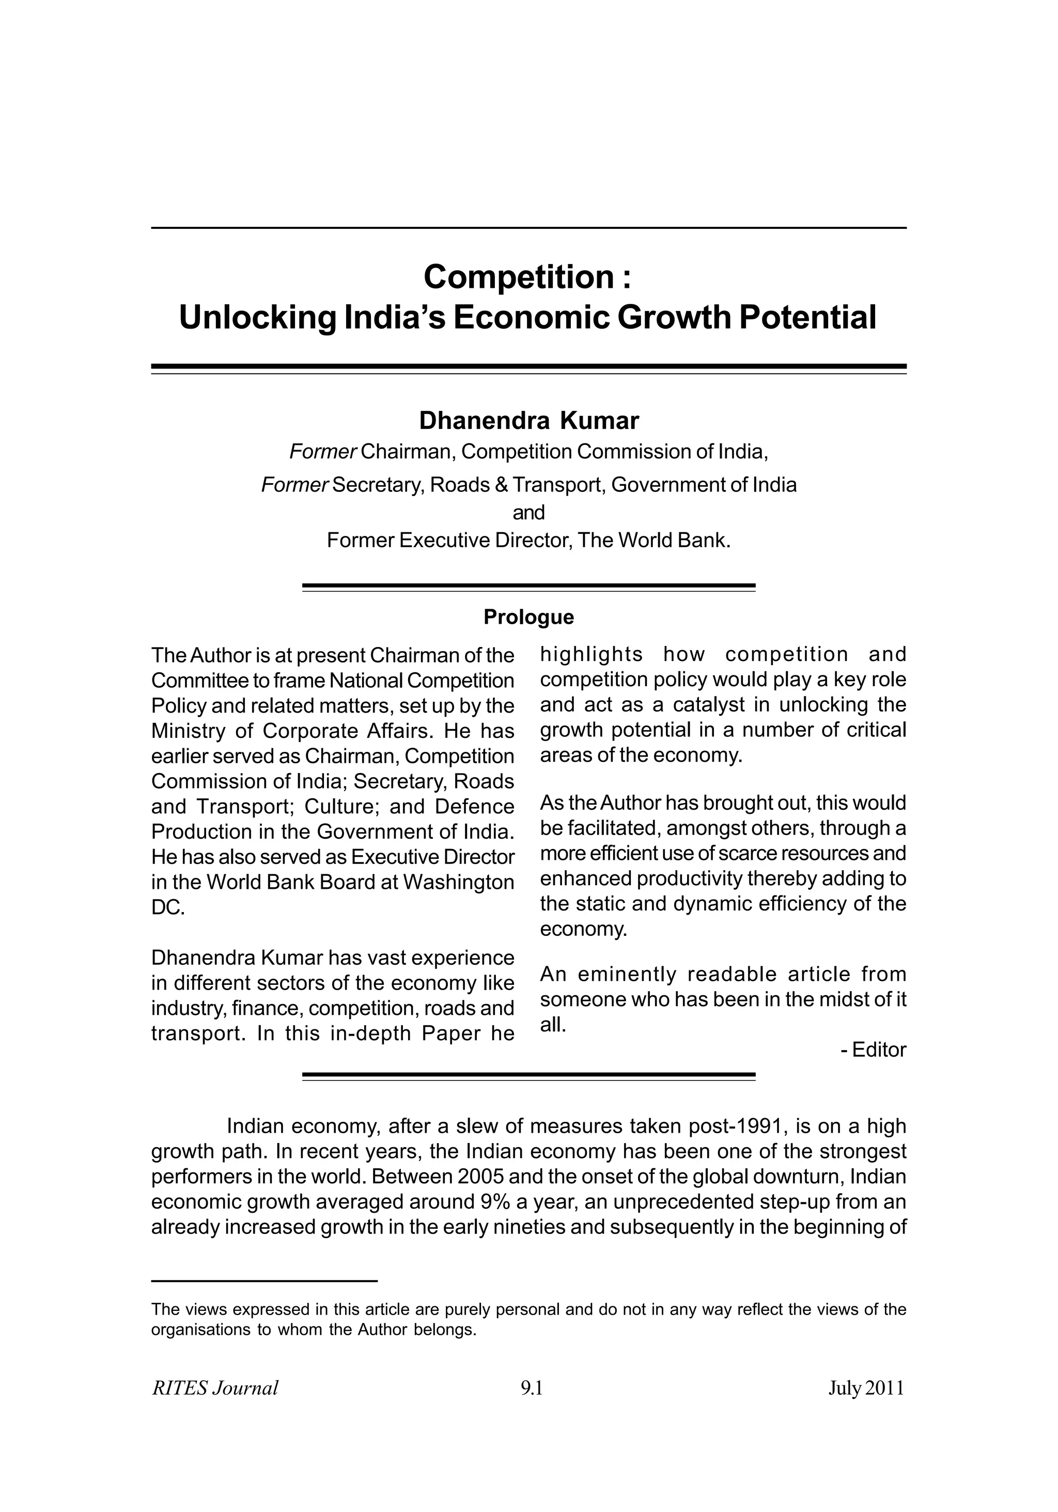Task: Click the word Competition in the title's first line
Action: click(519, 276)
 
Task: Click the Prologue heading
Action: click(528, 617)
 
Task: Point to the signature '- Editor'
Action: click(873, 1050)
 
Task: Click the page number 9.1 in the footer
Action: click(531, 1388)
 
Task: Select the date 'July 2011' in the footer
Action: click(866, 1388)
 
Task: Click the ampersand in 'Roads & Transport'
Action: click(501, 485)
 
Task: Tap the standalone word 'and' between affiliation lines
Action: click(528, 512)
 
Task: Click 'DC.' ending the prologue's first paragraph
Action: click(168, 907)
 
